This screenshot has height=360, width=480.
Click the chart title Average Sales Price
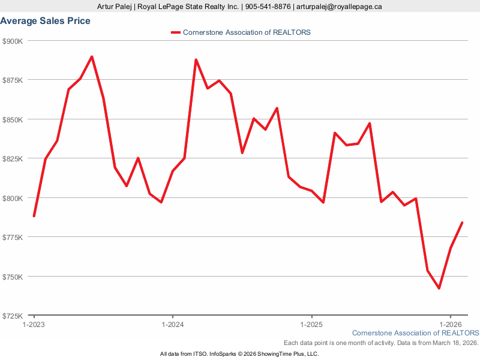(46, 21)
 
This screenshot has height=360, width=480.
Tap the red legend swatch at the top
(175, 32)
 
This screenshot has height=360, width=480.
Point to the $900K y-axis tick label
(13, 41)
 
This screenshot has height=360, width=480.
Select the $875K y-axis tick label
(13, 80)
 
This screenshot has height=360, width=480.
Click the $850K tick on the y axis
(13, 119)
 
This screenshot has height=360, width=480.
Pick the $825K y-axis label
(13, 159)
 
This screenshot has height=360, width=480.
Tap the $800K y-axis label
(13, 198)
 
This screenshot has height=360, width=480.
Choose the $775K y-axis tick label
(13, 238)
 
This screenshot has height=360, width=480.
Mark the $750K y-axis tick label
(13, 277)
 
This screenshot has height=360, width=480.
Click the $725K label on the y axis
(13, 316)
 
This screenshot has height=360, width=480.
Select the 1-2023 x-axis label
(34, 324)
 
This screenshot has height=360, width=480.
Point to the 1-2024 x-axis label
(173, 324)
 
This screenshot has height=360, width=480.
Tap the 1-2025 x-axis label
(311, 324)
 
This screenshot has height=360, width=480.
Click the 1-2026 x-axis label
(451, 324)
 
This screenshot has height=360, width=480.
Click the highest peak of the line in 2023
(92, 57)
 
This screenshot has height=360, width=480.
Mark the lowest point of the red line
(439, 288)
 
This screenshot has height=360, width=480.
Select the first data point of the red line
(34, 216)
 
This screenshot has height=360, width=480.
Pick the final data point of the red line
(462, 223)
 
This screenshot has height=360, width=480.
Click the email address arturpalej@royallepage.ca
(340, 7)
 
